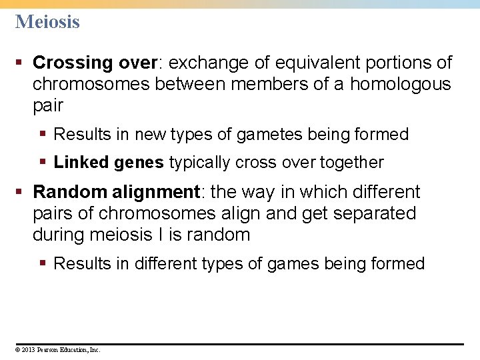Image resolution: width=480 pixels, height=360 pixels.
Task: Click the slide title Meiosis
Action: point(47,22)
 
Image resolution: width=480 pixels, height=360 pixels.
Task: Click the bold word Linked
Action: point(81,162)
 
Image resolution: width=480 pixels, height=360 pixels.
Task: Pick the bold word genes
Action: point(139,162)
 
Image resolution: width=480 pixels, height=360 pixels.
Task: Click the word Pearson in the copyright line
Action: point(49,349)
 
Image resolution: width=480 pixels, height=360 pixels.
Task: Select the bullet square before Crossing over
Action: point(21,63)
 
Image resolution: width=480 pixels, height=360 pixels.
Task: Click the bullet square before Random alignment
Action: point(21,193)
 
